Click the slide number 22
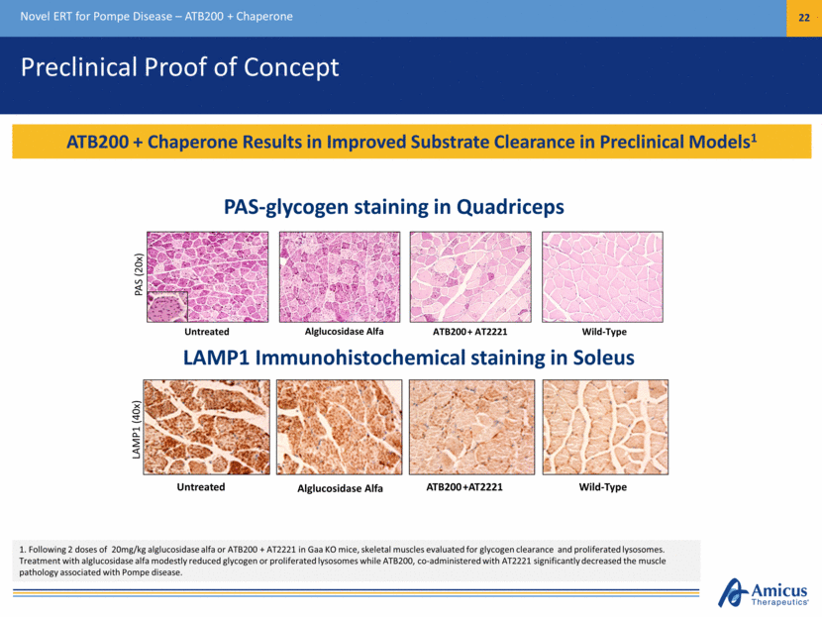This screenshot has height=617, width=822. pos(803,17)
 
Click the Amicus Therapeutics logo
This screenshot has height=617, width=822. pos(763,593)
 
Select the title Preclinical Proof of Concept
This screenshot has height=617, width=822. pos(180,67)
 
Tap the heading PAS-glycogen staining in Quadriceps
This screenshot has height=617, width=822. pos(394,207)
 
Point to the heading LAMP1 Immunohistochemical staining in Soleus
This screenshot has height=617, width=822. pos(408,358)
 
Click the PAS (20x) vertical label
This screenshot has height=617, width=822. pos(139,274)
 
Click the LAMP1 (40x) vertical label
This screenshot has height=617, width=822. pos(137,430)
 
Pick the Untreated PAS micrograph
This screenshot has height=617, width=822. pos(208,276)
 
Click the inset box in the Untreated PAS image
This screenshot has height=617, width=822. pos(167,307)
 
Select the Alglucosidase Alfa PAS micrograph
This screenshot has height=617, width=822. pos(340,276)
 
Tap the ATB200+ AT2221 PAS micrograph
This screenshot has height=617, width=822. pos(470,276)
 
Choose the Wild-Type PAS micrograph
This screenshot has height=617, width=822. pos(602,276)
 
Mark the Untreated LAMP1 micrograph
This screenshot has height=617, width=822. pos(207,427)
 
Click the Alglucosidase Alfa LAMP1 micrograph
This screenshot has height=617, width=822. pos(339,427)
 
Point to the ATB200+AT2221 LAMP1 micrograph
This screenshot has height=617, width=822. pos(471,427)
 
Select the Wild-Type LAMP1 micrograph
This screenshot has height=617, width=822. pos(605,427)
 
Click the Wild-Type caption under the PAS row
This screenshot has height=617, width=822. pos(604,332)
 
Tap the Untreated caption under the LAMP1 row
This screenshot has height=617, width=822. pos(201,487)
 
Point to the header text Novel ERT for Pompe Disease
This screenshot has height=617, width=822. pos(96,17)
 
